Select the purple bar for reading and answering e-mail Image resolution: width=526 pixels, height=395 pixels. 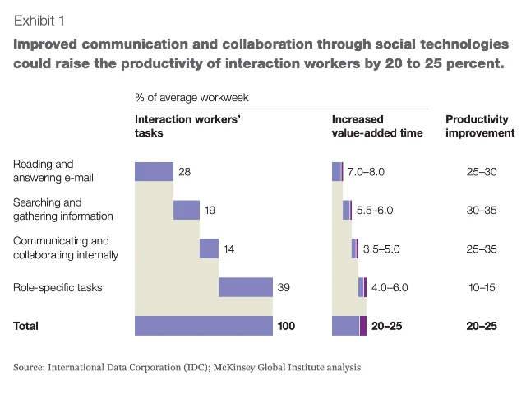pyautogui.click(x=154, y=171)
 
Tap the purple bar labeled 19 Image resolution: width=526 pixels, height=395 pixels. pyautogui.click(x=187, y=210)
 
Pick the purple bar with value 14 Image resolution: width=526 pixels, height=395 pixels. pyautogui.click(x=209, y=249)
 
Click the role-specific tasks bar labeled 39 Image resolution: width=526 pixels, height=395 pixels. pyautogui.click(x=246, y=287)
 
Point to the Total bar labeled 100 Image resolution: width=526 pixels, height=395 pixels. pyautogui.click(x=204, y=326)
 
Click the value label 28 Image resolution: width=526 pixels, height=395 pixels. pyautogui.click(x=184, y=171)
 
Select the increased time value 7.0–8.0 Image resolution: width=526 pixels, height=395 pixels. pyautogui.click(x=366, y=171)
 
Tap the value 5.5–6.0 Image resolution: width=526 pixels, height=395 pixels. pyautogui.click(x=373, y=210)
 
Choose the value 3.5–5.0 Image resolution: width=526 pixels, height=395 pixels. pyautogui.click(x=380, y=249)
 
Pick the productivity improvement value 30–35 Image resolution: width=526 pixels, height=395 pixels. pyautogui.click(x=481, y=210)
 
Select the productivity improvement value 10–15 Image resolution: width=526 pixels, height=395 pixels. pyautogui.click(x=481, y=287)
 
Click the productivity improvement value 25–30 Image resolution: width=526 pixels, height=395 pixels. pyautogui.click(x=481, y=171)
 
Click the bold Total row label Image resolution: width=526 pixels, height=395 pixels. pyautogui.click(x=25, y=326)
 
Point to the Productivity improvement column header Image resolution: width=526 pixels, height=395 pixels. pyautogui.click(x=480, y=126)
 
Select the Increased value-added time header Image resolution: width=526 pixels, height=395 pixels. pyautogui.click(x=377, y=126)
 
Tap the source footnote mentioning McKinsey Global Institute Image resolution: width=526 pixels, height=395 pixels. pyautogui.click(x=187, y=367)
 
